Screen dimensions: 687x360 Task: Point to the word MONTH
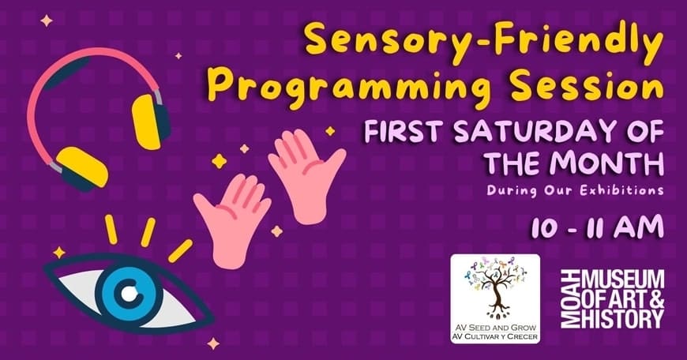coord(606,163)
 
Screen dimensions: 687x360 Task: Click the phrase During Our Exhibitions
coord(574,191)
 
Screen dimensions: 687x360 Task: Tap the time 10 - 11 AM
coord(598,227)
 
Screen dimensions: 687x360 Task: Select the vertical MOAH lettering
coord(570,298)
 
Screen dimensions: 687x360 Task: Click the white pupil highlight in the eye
coord(129,294)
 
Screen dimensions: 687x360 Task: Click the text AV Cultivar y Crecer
coord(496,337)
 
